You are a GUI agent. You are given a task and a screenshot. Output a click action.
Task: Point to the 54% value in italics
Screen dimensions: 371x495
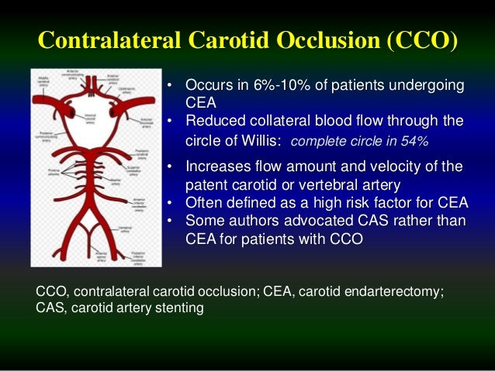click(x=416, y=143)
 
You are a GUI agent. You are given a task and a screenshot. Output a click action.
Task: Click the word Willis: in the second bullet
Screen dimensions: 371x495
click(x=259, y=141)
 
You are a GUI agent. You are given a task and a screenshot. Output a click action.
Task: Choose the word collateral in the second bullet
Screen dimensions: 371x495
click(x=286, y=120)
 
